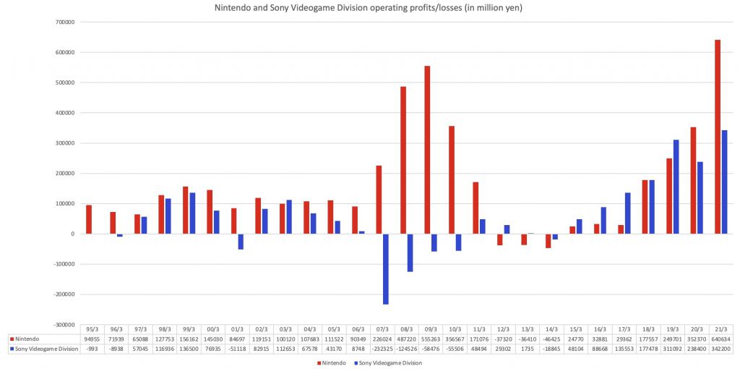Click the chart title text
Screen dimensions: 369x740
pos(370,9)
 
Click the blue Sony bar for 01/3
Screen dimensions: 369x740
pos(241,242)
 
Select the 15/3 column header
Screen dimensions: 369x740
pos(576,328)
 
